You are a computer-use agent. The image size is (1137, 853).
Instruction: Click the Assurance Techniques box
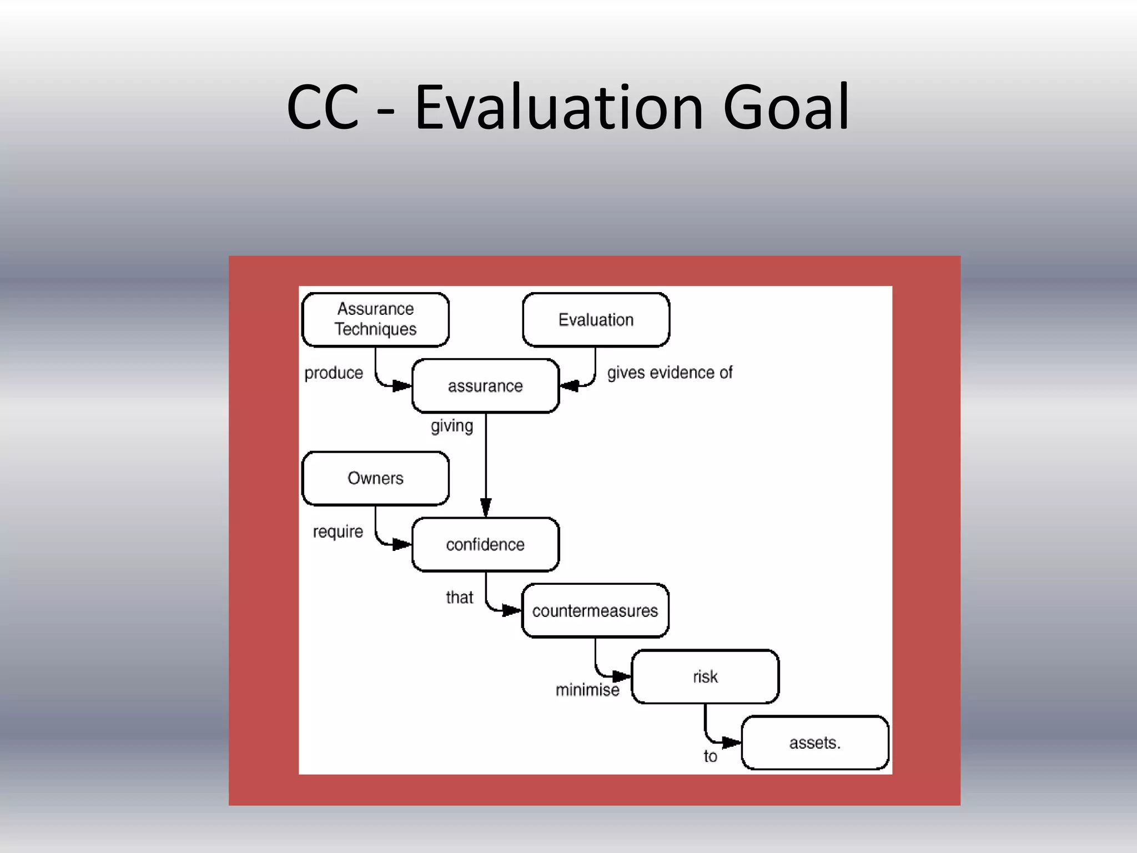(x=375, y=319)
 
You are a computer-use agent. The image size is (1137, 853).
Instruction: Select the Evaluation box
(x=596, y=319)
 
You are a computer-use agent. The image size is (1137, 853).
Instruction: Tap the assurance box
(x=485, y=385)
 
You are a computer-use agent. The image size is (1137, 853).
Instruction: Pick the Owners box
(x=375, y=478)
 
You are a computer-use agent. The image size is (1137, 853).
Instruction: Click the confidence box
(x=485, y=544)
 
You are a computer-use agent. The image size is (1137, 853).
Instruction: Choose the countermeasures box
(x=595, y=610)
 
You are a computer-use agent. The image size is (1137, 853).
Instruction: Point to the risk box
(x=705, y=676)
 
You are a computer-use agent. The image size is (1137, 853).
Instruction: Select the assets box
(x=815, y=742)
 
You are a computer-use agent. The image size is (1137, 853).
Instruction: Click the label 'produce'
(x=334, y=373)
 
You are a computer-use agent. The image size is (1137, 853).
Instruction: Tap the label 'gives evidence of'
(x=670, y=373)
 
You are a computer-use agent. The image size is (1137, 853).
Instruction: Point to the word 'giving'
(x=452, y=426)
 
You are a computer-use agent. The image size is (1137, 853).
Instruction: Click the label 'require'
(x=338, y=532)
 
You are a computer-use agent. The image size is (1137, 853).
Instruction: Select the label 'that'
(x=459, y=598)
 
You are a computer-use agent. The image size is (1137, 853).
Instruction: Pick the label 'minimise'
(x=587, y=690)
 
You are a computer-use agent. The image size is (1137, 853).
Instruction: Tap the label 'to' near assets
(x=710, y=756)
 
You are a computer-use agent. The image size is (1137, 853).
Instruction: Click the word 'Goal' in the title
(x=786, y=107)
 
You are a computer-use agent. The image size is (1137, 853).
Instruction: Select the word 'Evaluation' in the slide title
(x=559, y=107)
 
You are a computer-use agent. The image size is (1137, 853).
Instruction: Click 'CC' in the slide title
(x=323, y=107)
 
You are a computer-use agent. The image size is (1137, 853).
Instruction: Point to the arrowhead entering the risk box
(x=621, y=676)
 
